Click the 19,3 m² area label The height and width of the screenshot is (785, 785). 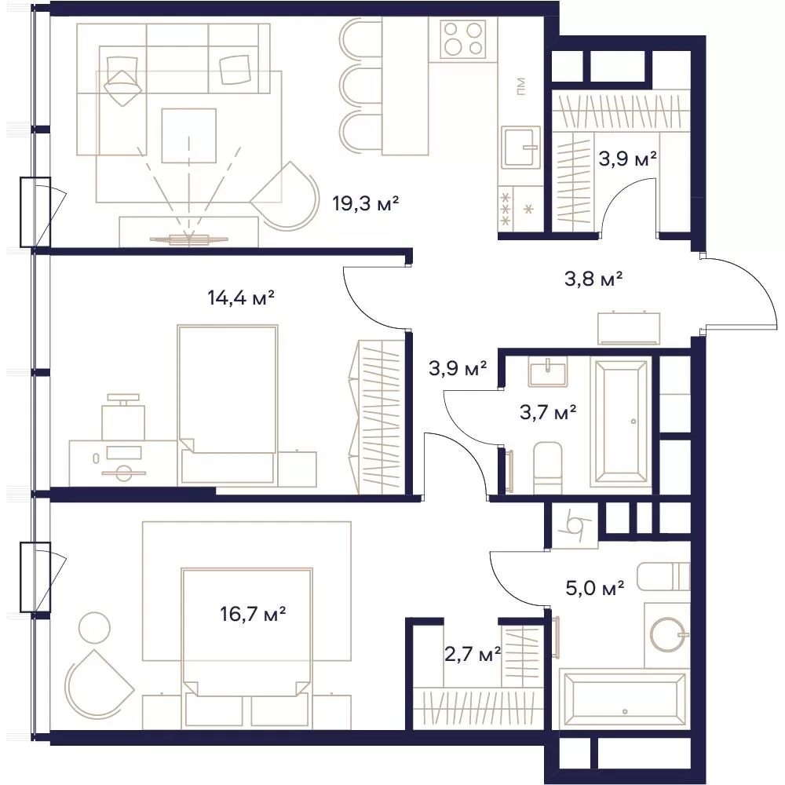[366, 204]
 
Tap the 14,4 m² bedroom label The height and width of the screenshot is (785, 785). [241, 298]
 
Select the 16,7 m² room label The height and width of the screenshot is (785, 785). [253, 613]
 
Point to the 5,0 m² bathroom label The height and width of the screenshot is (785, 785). [595, 588]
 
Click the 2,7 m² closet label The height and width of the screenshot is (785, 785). [473, 654]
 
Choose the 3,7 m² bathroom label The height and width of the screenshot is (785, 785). [548, 413]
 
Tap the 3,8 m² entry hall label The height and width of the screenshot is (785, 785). [593, 279]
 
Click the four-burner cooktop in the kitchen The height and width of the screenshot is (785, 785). [463, 39]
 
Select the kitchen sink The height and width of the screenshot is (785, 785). [520, 148]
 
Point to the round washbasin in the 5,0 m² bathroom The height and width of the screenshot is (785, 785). [667, 634]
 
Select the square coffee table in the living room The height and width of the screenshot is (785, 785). [188, 136]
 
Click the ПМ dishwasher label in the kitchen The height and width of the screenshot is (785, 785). [520, 86]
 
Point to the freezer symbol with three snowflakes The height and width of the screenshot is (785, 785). [506, 209]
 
